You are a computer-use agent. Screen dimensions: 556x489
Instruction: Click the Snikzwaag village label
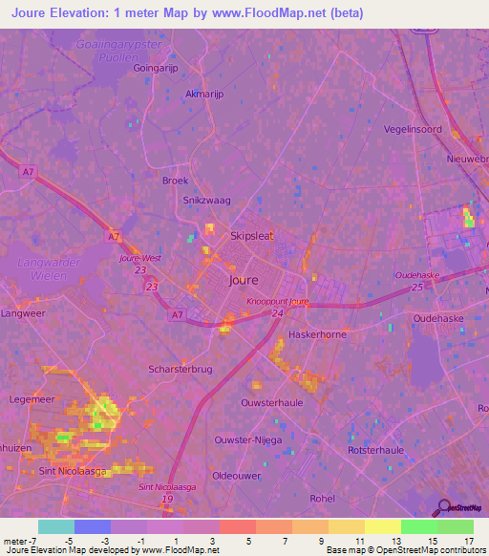tap(207, 201)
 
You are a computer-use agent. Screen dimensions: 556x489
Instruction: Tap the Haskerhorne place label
tap(316, 335)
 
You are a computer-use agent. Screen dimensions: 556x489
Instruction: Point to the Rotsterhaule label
tap(375, 450)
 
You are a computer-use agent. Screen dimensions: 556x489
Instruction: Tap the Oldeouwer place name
tap(236, 476)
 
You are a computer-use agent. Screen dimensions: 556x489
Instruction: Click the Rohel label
tap(322, 498)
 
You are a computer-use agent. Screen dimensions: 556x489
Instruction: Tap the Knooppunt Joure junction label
tap(278, 302)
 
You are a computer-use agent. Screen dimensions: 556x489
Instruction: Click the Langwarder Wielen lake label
tap(40, 267)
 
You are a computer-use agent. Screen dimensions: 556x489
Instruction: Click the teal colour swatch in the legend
tap(56, 526)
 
